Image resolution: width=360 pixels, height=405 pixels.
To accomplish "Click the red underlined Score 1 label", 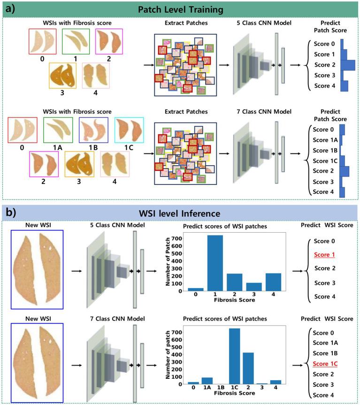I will tap(325, 254).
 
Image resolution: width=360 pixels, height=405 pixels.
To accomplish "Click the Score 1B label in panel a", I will tap(324, 150).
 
